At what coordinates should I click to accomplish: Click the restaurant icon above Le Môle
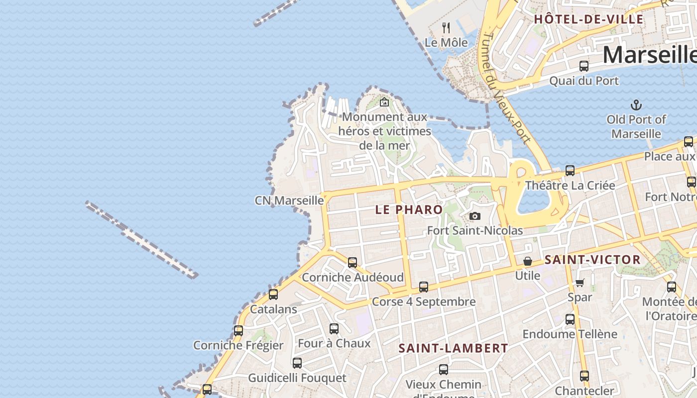[x=446, y=28]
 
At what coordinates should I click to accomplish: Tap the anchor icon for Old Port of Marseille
[x=636, y=105]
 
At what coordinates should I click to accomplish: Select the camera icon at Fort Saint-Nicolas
[x=475, y=216]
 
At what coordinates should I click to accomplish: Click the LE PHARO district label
[x=409, y=209]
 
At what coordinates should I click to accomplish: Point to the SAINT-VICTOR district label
[x=592, y=259]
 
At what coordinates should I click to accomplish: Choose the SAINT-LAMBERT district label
[x=453, y=348]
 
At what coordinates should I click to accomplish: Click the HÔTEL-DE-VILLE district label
[x=588, y=19]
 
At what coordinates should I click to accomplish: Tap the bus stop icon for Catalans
[x=273, y=294]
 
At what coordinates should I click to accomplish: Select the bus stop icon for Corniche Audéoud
[x=352, y=262]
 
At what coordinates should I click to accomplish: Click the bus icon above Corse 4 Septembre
[x=424, y=287]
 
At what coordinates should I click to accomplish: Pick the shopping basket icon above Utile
[x=528, y=261]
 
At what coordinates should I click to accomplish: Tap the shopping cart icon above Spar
[x=580, y=283]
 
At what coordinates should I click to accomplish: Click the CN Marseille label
[x=289, y=200]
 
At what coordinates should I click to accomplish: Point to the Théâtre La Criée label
[x=570, y=186]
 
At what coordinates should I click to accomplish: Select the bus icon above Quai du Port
[x=584, y=66]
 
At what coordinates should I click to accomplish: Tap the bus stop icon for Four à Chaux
[x=334, y=328]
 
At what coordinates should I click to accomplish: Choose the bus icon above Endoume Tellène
[x=570, y=319]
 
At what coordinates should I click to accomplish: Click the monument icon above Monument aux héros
[x=384, y=102]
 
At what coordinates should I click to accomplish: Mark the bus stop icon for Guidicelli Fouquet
[x=297, y=363]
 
